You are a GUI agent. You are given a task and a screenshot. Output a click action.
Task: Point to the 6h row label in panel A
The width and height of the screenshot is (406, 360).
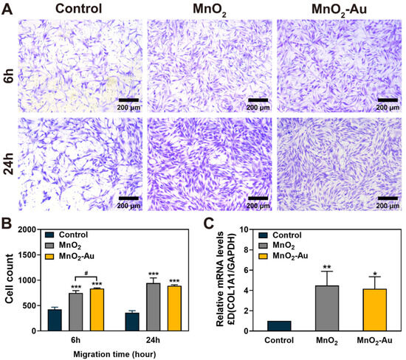[x=8, y=64]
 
